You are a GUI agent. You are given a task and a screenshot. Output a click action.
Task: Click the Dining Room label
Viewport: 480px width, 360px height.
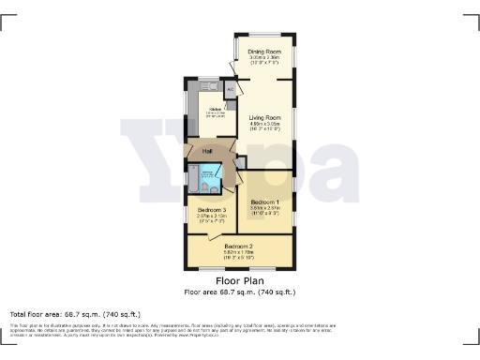click(264, 51)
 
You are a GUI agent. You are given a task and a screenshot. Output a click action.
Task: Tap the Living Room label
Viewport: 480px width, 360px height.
click(265, 117)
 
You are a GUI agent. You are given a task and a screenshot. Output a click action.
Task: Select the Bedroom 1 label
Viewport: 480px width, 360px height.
click(264, 202)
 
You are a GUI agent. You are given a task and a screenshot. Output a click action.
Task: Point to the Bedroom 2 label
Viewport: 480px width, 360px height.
click(238, 246)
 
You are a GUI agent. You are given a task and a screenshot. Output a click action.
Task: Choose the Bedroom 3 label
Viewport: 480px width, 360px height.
click(212, 210)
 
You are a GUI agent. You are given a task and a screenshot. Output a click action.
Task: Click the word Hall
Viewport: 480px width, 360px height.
click(208, 151)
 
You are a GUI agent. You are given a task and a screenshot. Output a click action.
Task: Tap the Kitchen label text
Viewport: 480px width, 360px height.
click(215, 110)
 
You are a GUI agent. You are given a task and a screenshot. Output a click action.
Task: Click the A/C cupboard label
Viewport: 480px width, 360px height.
click(229, 89)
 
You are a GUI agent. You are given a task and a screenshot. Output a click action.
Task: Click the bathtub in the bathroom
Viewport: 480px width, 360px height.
click(194, 177)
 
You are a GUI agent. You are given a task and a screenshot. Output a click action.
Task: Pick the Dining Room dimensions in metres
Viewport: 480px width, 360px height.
click(264, 57)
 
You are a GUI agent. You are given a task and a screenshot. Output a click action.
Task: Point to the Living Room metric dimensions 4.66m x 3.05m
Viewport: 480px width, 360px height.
click(265, 124)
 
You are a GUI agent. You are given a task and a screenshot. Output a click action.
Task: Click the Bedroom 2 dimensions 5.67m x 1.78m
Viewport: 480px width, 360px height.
click(238, 252)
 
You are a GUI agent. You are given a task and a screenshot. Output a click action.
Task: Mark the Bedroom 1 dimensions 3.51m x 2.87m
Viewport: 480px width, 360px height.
click(264, 209)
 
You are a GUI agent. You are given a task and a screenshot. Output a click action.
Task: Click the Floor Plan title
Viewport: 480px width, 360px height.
click(239, 280)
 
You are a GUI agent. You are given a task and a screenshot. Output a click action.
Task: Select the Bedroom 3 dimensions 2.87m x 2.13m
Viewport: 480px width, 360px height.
click(212, 217)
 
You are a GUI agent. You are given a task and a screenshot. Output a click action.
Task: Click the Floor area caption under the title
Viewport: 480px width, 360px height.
click(239, 292)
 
